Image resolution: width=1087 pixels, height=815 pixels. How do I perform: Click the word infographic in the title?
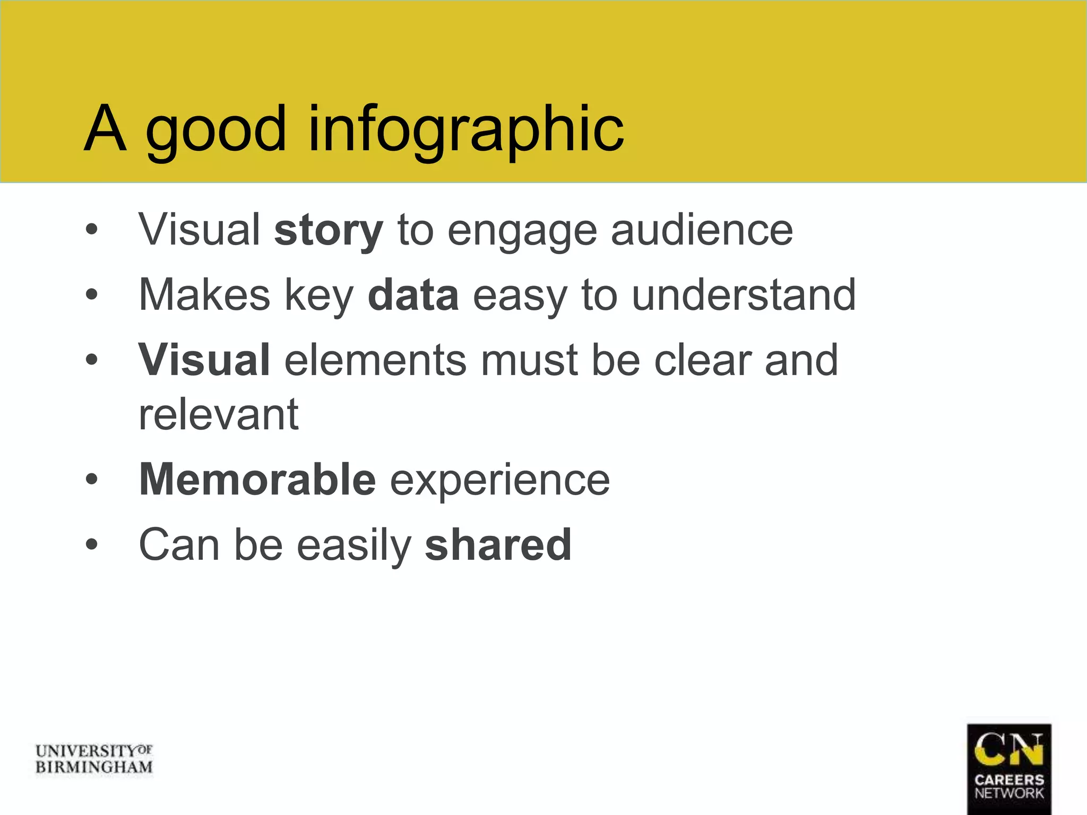click(465, 129)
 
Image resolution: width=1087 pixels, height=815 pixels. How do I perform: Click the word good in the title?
click(215, 129)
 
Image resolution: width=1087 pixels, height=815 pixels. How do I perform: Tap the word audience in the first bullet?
click(702, 230)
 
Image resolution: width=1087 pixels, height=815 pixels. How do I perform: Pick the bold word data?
click(413, 295)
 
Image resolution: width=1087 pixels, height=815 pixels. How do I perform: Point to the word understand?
click(744, 295)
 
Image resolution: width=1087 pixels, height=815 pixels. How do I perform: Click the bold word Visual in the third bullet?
click(204, 360)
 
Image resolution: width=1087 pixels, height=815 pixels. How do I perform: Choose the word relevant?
click(219, 414)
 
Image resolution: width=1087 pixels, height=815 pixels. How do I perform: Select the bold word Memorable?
click(257, 479)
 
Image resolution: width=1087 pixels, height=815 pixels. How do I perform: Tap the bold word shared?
click(498, 545)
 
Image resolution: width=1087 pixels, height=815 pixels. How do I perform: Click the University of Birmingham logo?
click(94, 759)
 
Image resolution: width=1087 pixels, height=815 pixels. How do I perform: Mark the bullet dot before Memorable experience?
click(92, 480)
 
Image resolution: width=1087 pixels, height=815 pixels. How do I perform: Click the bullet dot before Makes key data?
click(92, 295)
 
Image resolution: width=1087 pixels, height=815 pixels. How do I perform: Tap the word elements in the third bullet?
click(375, 360)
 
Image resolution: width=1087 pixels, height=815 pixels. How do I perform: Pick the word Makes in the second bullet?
click(204, 295)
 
